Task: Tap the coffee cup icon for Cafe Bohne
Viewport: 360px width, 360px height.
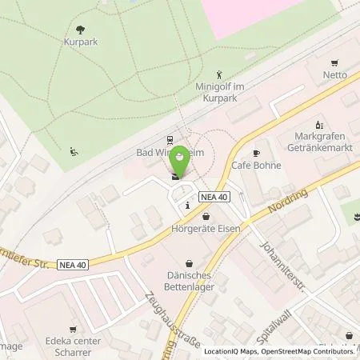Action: (x=257, y=153)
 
